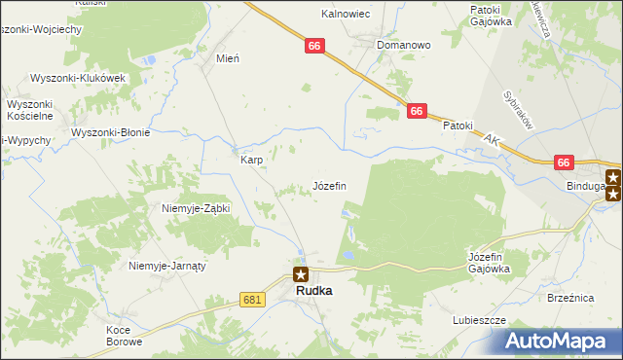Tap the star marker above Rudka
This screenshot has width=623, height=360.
click(302, 274)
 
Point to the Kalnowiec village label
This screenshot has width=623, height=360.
click(344, 15)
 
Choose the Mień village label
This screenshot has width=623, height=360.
click(227, 57)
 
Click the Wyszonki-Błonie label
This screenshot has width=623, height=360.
click(110, 132)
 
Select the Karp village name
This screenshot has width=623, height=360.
click(251, 160)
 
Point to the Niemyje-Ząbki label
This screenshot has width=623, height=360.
click(195, 208)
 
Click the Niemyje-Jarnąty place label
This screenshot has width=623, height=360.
click(169, 265)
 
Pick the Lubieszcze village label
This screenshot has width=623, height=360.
click(478, 319)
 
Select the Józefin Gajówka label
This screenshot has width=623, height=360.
click(483, 262)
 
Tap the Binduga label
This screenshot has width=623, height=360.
click(586, 184)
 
